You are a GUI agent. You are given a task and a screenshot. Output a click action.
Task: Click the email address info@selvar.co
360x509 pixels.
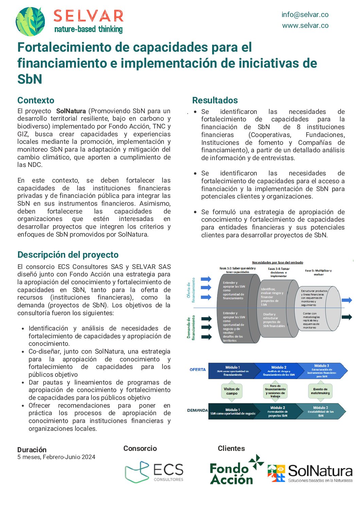305,15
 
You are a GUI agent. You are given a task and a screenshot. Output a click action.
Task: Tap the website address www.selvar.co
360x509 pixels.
305,26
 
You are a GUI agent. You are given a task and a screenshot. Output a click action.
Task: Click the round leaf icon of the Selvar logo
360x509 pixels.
31,21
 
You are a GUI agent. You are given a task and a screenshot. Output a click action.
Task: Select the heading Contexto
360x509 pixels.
36,100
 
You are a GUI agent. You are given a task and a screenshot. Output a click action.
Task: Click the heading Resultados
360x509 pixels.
215,100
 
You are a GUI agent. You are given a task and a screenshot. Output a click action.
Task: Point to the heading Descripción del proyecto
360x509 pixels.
68,255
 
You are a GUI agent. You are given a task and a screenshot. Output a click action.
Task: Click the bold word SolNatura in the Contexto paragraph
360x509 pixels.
71,111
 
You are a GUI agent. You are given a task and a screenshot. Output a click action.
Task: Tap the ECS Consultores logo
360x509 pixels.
154,472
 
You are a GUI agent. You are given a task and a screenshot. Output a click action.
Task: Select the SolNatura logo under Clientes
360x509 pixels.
310,473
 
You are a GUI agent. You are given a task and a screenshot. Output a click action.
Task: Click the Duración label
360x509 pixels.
32,449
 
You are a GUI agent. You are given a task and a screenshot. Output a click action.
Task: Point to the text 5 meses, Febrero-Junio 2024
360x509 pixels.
56,457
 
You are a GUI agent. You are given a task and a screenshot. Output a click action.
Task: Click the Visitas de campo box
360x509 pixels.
232,391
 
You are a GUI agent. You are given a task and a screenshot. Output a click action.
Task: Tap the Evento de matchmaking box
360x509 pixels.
320,391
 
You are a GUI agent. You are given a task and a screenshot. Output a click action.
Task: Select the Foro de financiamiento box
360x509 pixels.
275,391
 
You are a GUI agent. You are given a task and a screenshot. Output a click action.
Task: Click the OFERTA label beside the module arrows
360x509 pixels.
198,370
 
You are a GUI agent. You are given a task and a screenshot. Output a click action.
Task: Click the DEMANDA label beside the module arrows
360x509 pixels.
197,410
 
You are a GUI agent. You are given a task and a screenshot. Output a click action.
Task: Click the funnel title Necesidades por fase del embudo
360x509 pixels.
277,262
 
